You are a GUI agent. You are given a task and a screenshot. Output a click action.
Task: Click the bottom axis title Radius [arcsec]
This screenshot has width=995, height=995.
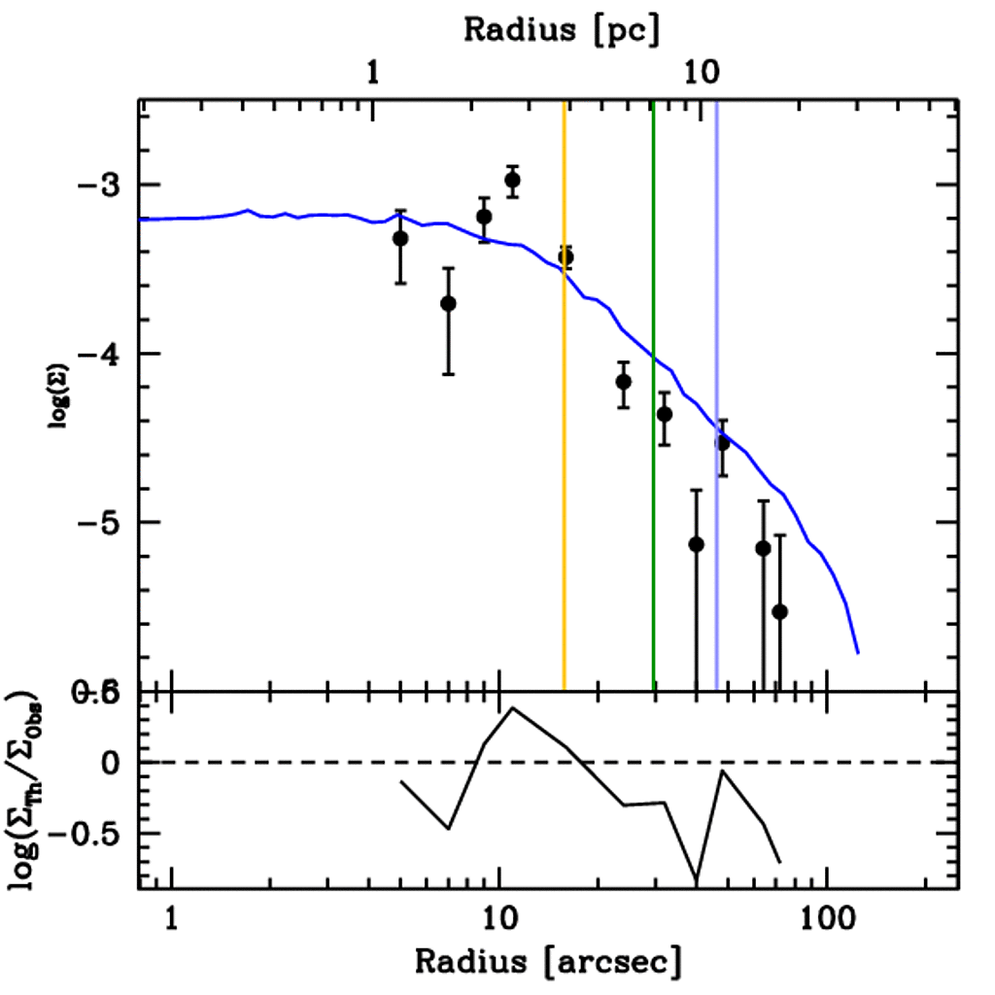click(548, 961)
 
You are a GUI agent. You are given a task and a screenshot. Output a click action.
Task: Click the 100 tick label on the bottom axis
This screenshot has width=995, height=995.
click(827, 919)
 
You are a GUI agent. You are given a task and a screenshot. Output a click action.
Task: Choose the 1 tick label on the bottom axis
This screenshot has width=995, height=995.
click(172, 919)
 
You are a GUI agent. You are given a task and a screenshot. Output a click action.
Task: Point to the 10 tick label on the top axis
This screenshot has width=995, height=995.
click(701, 71)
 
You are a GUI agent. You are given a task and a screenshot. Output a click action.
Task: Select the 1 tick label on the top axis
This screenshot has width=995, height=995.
click(373, 71)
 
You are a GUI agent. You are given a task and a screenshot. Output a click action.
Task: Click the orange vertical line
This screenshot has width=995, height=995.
click(564, 486)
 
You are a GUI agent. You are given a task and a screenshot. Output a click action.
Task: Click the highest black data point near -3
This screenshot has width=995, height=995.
click(512, 181)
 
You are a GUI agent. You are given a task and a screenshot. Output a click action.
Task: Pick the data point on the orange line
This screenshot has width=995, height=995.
click(566, 257)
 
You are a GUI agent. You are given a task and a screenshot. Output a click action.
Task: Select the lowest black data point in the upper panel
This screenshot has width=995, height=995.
click(779, 611)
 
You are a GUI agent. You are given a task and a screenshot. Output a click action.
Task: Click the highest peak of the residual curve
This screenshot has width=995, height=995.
click(512, 707)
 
